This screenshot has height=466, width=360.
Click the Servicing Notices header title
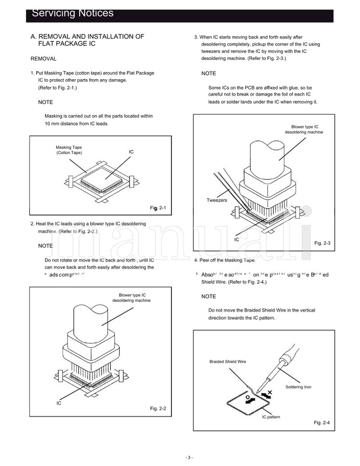click(72, 13)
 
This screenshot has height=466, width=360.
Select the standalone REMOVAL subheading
click(43, 59)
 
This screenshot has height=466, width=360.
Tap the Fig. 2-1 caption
click(158, 208)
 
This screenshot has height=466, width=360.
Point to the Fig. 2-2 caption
click(158, 408)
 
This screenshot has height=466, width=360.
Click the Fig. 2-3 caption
click(322, 243)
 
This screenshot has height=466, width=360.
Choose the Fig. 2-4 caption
click(322, 423)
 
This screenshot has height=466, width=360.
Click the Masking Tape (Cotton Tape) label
click(69, 150)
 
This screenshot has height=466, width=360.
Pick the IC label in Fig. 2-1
click(131, 152)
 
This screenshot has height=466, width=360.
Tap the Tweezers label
click(217, 200)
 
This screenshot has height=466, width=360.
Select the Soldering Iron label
click(298, 387)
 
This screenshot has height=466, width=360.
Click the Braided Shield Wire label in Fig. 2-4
click(228, 362)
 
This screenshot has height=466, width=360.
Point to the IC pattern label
click(271, 417)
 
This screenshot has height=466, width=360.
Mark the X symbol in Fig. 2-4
click(270, 392)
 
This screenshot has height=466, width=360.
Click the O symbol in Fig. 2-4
click(247, 398)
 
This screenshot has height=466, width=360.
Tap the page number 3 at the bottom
click(189, 457)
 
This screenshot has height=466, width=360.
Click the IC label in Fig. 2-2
click(58, 403)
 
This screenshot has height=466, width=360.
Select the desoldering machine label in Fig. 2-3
click(304, 130)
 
